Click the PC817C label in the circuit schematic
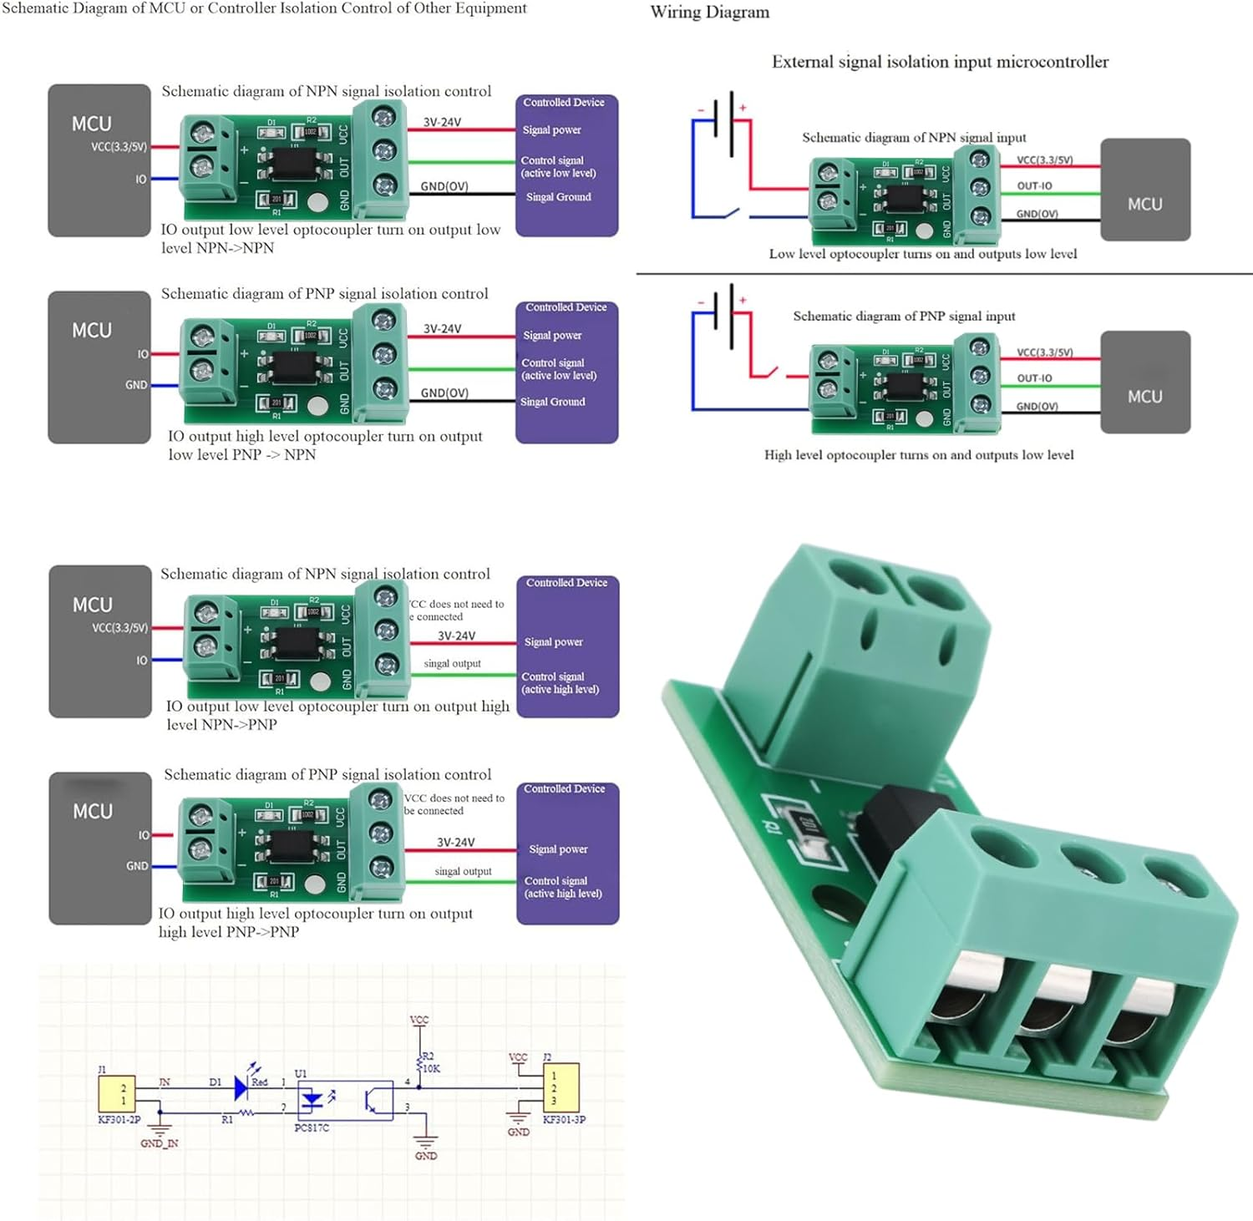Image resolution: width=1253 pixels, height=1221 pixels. click(x=312, y=1127)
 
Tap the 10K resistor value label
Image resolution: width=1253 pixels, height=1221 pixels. click(x=431, y=1068)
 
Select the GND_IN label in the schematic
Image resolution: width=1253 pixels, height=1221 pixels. click(x=159, y=1143)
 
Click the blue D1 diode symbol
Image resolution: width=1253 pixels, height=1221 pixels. click(x=241, y=1087)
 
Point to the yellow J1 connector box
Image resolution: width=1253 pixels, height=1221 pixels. click(x=117, y=1093)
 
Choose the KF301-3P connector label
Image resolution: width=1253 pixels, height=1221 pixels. click(x=564, y=1119)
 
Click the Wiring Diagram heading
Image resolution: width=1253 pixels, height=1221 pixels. click(x=709, y=13)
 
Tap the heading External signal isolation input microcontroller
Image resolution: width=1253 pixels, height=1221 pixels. click(x=940, y=62)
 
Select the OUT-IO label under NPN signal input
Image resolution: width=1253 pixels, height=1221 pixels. click(x=1034, y=186)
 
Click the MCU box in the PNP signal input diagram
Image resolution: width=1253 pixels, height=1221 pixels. click(x=1144, y=383)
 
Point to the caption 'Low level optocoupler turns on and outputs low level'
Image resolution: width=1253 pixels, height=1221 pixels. click(x=922, y=254)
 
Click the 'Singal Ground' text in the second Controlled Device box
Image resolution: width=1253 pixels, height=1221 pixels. click(x=552, y=402)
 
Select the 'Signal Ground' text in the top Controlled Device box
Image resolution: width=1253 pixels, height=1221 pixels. click(x=558, y=197)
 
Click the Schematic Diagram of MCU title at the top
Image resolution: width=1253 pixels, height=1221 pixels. click(x=264, y=8)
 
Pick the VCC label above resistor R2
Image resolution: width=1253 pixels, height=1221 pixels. click(x=419, y=1020)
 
